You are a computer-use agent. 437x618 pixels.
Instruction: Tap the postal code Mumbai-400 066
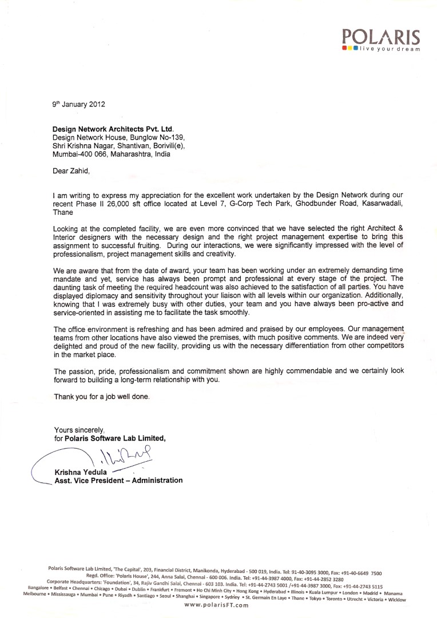pyautogui.click(x=80, y=154)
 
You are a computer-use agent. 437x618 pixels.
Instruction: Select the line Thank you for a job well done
pyautogui.click(x=102, y=396)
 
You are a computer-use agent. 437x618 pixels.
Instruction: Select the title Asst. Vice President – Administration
pyautogui.click(x=118, y=480)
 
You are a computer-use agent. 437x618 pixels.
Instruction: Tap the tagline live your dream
pyautogui.click(x=389, y=49)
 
